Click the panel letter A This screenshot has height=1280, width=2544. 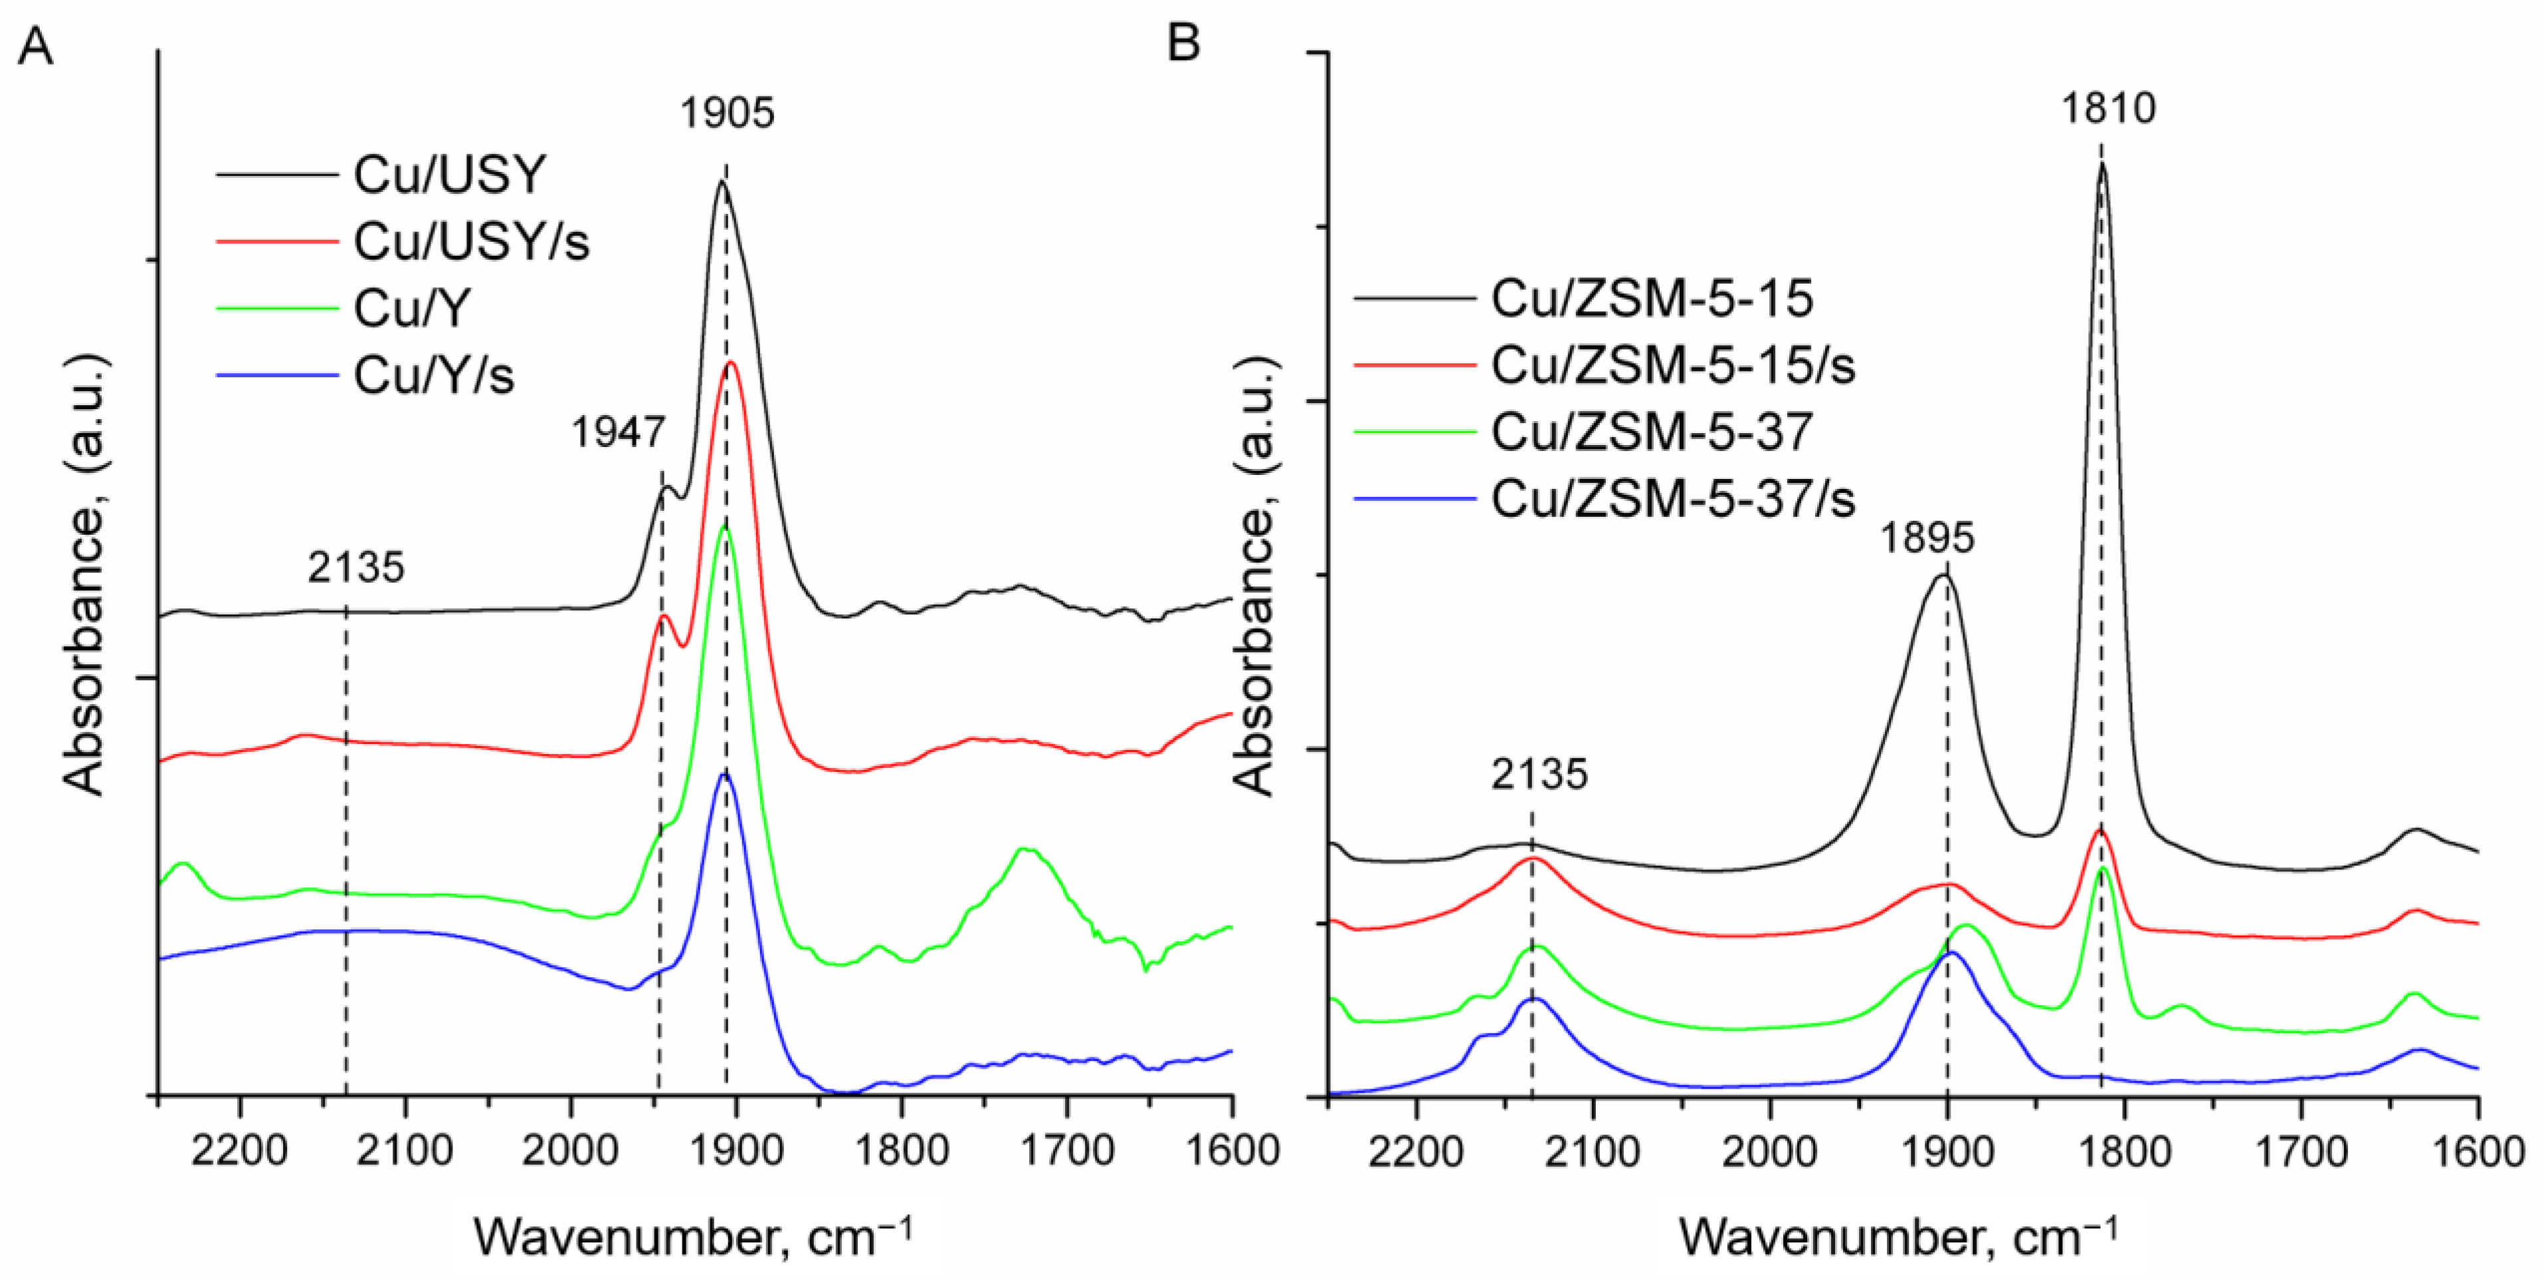(x=36, y=45)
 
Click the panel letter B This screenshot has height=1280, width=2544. (x=1183, y=43)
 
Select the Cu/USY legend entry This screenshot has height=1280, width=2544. (x=449, y=175)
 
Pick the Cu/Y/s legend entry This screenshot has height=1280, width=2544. (x=434, y=375)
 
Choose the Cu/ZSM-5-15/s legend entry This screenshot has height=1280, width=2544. (x=1673, y=365)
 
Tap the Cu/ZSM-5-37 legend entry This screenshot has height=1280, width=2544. (x=1651, y=432)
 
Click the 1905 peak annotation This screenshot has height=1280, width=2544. (x=727, y=113)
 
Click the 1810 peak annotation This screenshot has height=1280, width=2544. (x=2107, y=108)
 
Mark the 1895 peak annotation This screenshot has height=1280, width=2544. (x=1927, y=538)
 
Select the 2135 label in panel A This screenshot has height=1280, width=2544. (x=355, y=567)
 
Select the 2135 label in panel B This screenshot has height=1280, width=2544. (x=1539, y=775)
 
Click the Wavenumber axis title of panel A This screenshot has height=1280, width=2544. (x=691, y=1237)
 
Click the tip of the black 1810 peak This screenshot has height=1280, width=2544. (x=2102, y=166)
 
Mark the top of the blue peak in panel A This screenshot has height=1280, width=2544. (x=725, y=775)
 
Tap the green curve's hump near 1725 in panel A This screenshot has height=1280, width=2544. (x=1023, y=850)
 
